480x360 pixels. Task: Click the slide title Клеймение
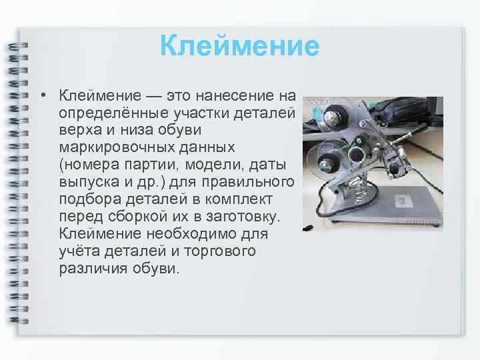240,47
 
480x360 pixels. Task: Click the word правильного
255,181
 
